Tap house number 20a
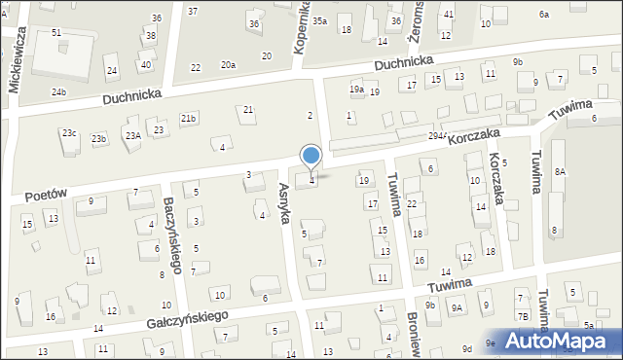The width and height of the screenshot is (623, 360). coord(228,64)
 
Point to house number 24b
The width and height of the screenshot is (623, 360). coord(59,91)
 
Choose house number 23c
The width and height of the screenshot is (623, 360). coord(69,132)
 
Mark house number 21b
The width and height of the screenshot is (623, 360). coord(188,118)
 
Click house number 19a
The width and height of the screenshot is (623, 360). coord(357,90)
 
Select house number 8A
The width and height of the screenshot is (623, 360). coord(560,171)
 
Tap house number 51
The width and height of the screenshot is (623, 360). coord(56,32)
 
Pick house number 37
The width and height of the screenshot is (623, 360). coord(193,11)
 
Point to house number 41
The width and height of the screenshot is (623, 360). coord(449,14)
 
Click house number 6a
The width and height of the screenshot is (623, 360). coord(544,15)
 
